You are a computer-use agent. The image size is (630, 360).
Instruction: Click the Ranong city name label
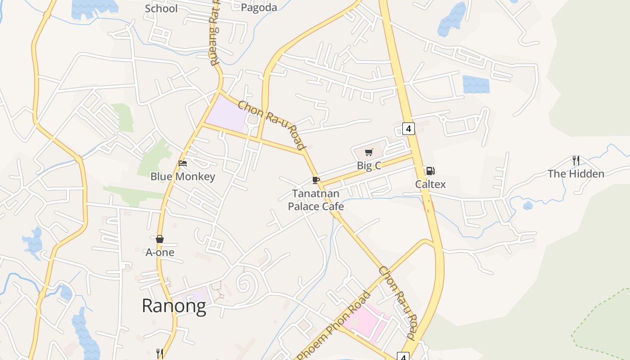click(174, 306)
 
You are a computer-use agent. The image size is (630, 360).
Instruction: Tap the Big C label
click(369, 166)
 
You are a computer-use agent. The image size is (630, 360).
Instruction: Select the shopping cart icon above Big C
click(369, 152)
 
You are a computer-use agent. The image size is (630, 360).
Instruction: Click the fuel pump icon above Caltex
click(430, 171)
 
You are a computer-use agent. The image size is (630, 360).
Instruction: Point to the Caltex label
click(430, 184)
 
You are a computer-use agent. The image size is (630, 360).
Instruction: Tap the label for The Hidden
click(576, 174)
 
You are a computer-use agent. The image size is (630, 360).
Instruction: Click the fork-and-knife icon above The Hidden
click(576, 160)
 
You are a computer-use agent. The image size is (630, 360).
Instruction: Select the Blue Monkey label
click(183, 176)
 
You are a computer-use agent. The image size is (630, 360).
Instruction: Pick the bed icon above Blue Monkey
click(183, 163)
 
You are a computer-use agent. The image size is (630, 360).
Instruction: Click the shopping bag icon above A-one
click(160, 239)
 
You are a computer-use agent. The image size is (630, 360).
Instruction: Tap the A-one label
click(160, 252)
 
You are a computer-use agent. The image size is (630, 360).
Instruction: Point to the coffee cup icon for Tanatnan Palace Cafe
click(316, 180)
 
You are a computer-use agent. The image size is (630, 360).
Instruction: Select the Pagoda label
click(259, 8)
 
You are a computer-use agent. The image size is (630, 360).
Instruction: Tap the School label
click(161, 9)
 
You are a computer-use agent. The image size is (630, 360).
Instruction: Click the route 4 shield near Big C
click(408, 129)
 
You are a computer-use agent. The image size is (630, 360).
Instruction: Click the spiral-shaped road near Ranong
click(245, 283)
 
